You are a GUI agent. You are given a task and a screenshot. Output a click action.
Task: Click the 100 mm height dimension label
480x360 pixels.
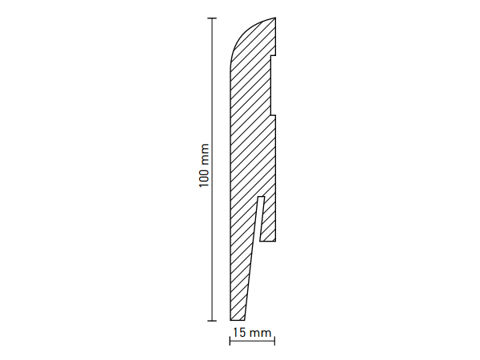[x=204, y=166]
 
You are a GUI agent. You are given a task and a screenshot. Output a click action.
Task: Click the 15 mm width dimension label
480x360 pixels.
[x=252, y=333]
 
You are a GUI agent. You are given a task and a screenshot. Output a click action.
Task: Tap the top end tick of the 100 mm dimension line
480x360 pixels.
[x=212, y=18]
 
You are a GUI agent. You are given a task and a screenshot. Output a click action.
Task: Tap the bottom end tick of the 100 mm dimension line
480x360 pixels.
[x=212, y=321]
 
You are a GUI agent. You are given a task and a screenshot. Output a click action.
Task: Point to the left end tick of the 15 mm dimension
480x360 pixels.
[x=230, y=341]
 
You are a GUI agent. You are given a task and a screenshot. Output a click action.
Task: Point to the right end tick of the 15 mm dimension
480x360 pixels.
[x=274, y=341]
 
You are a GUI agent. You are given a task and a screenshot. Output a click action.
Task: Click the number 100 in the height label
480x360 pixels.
[x=204, y=178]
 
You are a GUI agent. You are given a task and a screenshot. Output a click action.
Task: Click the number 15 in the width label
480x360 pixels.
[x=239, y=333]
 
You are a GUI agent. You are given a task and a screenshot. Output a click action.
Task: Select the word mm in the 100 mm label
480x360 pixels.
[x=204, y=154]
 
